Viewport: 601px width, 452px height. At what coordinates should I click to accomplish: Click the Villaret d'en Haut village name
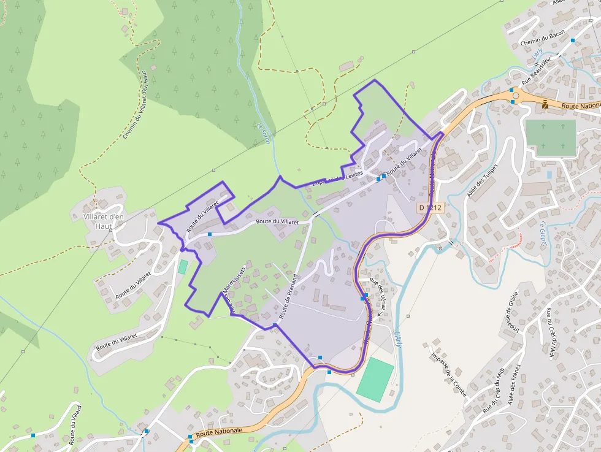pyautogui.click(x=103, y=221)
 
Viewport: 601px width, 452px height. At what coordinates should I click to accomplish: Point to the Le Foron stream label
pyautogui.click(x=264, y=132)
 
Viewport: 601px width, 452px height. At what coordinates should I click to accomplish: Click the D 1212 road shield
pyautogui.click(x=431, y=208)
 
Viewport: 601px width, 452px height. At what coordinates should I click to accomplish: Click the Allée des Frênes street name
pyautogui.click(x=514, y=385)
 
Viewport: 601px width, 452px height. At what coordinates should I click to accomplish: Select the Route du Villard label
pyautogui.click(x=75, y=424)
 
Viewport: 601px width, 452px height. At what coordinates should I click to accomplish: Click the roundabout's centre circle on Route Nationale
pyautogui.click(x=515, y=96)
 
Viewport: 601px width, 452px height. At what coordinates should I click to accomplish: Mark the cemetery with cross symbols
pyautogui.click(x=551, y=138)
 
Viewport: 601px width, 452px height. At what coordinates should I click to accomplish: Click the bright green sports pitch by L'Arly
pyautogui.click(x=375, y=380)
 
